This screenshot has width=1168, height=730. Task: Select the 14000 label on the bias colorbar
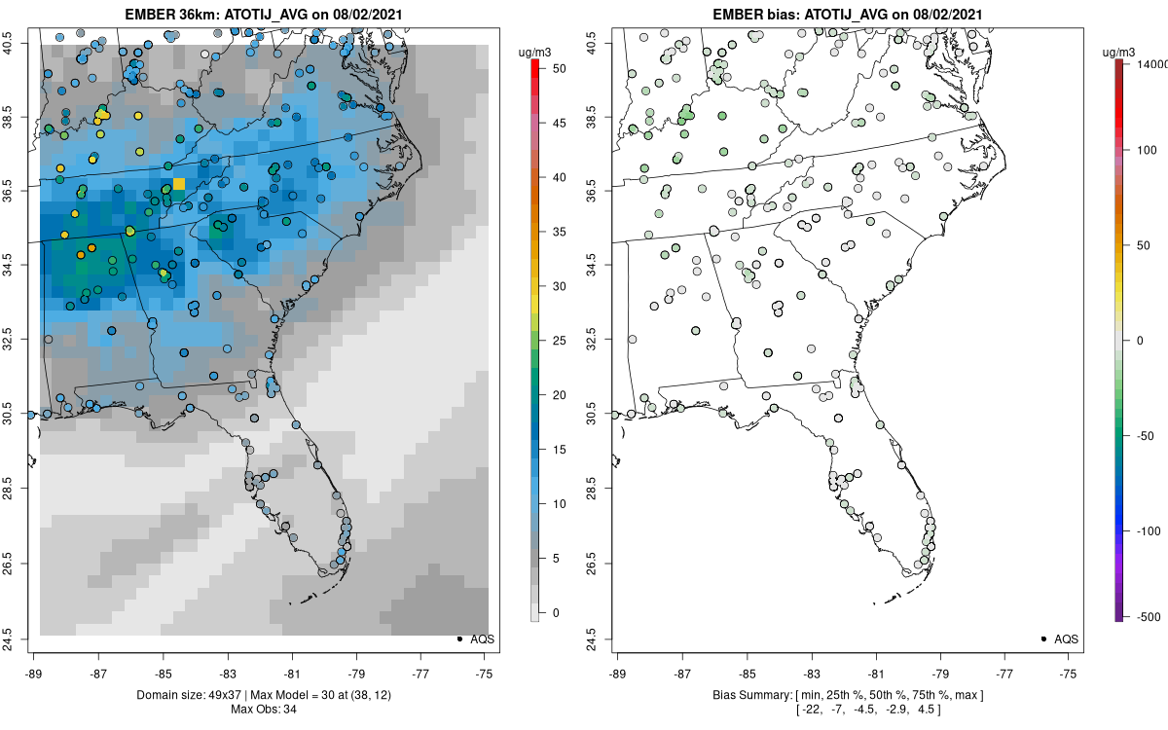click(1151, 63)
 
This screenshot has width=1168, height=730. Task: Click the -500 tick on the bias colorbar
click(1146, 616)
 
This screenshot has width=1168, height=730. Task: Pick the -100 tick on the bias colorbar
click(1146, 530)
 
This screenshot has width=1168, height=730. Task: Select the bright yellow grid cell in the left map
click(179, 183)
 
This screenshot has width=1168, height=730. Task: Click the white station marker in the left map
click(204, 55)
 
